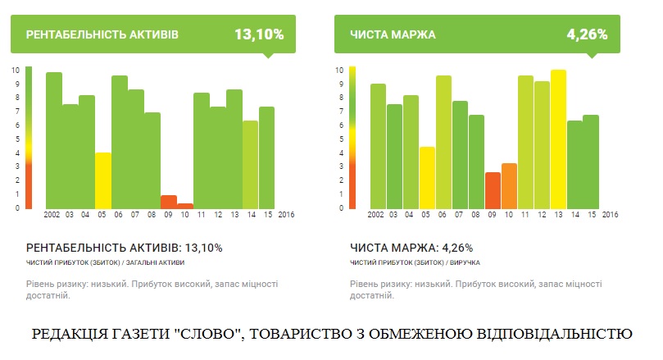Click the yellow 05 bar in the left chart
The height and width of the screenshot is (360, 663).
[x=102, y=180]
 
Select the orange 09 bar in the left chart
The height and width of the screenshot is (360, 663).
[x=169, y=202]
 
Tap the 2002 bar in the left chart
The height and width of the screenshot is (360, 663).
[x=54, y=140]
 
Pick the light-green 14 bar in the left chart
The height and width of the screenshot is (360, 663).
[x=251, y=164]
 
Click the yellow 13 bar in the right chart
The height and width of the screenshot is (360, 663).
[x=558, y=139]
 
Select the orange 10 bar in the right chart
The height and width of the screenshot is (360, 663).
[x=509, y=185]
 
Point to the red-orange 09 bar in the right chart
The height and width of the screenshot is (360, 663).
[x=493, y=189]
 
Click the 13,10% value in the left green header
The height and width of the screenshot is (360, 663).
[x=259, y=34]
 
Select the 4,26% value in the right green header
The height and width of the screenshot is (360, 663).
[x=587, y=34]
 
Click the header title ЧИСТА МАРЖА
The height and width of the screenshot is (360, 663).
[x=393, y=35]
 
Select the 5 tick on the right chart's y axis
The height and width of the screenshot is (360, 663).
[x=340, y=139]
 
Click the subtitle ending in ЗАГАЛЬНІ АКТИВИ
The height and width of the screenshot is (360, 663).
[x=106, y=262]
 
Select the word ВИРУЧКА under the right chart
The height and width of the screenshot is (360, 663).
[x=464, y=262]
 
